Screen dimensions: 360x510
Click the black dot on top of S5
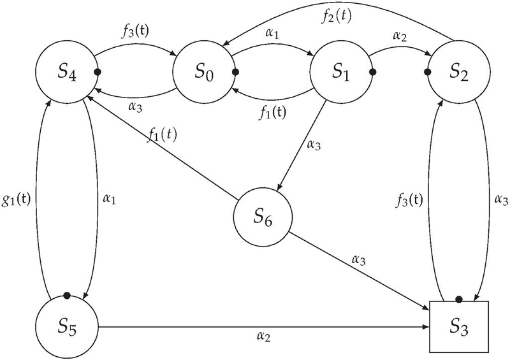66,296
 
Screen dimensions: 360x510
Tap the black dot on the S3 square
458,298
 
